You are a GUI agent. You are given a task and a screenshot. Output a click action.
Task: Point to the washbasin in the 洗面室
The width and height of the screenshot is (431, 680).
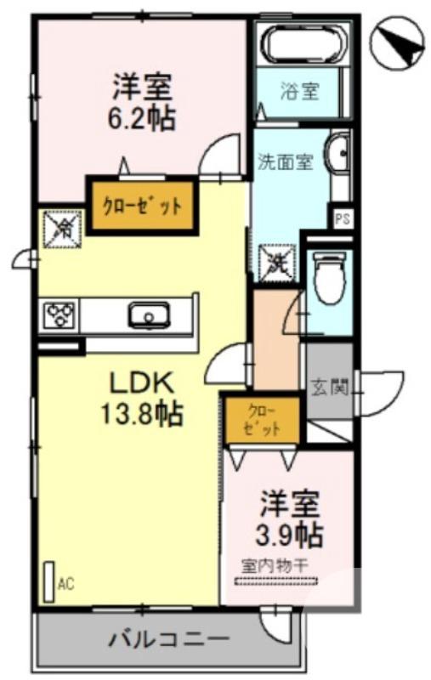tap(340, 155)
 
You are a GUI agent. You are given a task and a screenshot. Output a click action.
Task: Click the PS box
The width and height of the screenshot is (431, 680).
tap(342, 218)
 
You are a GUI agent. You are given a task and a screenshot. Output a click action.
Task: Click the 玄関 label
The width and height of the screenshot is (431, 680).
tap(329, 388)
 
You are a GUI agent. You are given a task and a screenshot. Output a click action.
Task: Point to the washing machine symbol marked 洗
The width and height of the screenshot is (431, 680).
tap(278, 259)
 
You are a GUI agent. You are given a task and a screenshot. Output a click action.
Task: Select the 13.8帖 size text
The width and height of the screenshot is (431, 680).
tap(140, 414)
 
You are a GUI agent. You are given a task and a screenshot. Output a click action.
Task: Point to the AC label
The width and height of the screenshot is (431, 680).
tap(65, 584)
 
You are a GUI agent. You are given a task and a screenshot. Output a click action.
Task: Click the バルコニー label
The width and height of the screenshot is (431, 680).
tap(169, 639)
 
